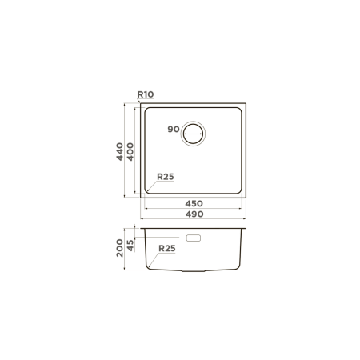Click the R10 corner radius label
(146, 94)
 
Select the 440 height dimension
(120, 151)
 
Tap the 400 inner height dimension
(130, 151)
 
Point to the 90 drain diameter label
(174, 129)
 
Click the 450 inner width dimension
(194, 204)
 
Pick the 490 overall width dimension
(194, 214)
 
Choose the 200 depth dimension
(120, 248)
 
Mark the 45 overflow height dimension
(130, 246)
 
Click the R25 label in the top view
(166, 177)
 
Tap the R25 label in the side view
(167, 248)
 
